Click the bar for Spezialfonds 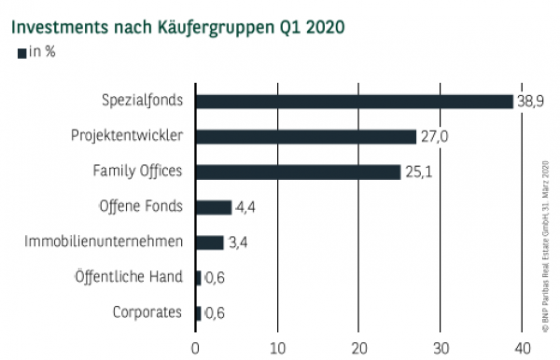(x=354, y=102)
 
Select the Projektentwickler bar (x=305, y=137)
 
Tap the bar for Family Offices (x=297, y=172)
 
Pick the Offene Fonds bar (x=213, y=207)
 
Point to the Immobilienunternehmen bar (x=209, y=242)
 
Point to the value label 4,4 (x=245, y=207)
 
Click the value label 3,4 (x=237, y=242)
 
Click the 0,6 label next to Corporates (x=215, y=312)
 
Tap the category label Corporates (x=147, y=312)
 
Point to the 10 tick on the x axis (x=277, y=348)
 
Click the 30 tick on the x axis (x=441, y=348)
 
